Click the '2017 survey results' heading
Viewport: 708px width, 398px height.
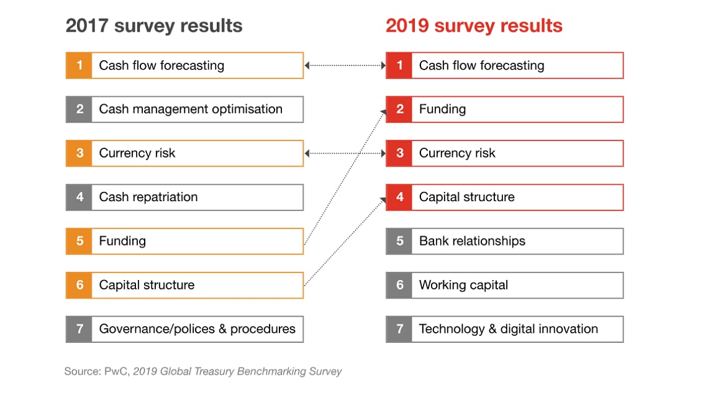[154, 26]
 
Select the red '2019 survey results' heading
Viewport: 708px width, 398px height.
[474, 26]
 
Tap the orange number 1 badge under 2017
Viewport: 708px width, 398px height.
[79, 65]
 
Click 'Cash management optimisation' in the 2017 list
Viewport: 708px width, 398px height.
[191, 109]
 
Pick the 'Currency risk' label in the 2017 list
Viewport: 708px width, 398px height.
[137, 153]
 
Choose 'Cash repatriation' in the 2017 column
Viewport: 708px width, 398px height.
[148, 197]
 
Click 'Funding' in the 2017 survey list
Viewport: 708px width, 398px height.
[122, 241]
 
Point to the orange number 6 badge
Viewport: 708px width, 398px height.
[79, 285]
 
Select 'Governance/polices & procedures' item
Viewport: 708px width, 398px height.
[197, 329]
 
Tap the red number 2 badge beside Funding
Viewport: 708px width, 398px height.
[399, 109]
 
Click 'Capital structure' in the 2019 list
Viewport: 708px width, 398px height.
[466, 197]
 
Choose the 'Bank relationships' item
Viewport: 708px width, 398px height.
[472, 241]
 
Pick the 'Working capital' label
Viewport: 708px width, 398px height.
[463, 285]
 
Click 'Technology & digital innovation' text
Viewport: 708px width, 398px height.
[508, 329]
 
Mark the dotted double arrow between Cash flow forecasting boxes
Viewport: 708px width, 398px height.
[345, 65]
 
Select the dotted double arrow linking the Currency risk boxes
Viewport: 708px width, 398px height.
[345, 153]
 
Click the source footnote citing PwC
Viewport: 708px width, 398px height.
[203, 372]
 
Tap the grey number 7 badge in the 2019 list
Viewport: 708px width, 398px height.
[399, 329]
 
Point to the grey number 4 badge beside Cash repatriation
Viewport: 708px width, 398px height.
[79, 197]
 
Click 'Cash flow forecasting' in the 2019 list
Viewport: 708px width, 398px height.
[481, 65]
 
